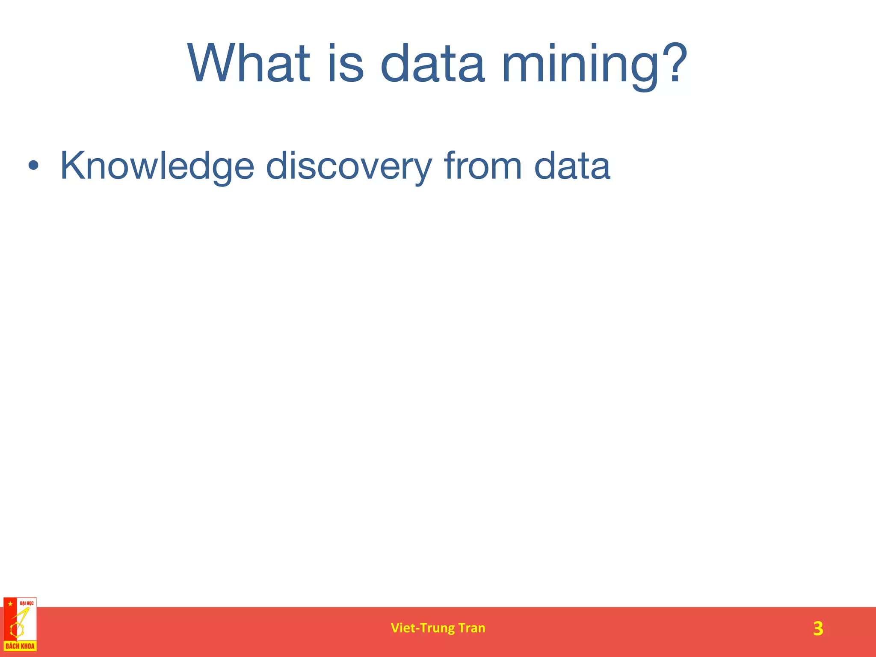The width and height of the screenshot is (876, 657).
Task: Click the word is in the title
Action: click(346, 64)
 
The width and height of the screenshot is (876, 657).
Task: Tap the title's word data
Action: click(432, 64)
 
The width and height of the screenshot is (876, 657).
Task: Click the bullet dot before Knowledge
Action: click(34, 166)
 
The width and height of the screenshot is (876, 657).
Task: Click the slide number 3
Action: click(817, 628)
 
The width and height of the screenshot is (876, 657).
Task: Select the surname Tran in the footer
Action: click(472, 627)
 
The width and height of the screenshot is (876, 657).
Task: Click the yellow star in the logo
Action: click(10, 604)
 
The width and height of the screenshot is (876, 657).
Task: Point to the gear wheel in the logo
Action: click(16, 629)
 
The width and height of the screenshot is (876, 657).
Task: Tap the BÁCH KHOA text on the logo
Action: click(20, 646)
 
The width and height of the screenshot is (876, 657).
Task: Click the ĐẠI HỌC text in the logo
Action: click(27, 603)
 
